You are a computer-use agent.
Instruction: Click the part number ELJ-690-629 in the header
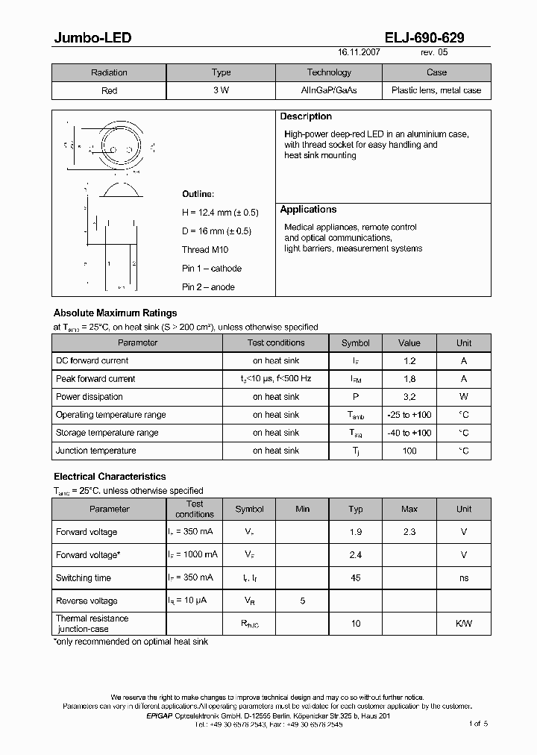(x=425, y=38)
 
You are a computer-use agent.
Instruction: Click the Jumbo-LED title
(x=92, y=38)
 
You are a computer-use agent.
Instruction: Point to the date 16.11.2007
(x=359, y=54)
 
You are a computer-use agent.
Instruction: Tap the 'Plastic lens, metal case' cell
(x=436, y=90)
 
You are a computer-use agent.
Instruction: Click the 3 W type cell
(x=222, y=90)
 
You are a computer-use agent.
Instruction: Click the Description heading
(x=306, y=116)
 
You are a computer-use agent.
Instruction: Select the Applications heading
(x=308, y=210)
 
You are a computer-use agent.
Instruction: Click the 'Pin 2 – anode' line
(x=208, y=287)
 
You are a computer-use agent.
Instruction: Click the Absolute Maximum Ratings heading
(x=115, y=313)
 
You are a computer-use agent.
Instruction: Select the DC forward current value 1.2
(x=409, y=361)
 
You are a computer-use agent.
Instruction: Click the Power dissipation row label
(x=89, y=397)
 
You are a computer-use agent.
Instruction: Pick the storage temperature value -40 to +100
(x=409, y=433)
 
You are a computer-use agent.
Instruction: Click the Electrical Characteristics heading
(x=110, y=477)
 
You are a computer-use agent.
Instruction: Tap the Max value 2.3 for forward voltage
(x=409, y=532)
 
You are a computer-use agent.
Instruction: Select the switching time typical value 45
(x=356, y=578)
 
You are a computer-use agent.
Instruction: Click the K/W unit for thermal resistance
(x=464, y=624)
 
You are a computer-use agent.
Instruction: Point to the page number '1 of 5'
(x=478, y=724)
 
